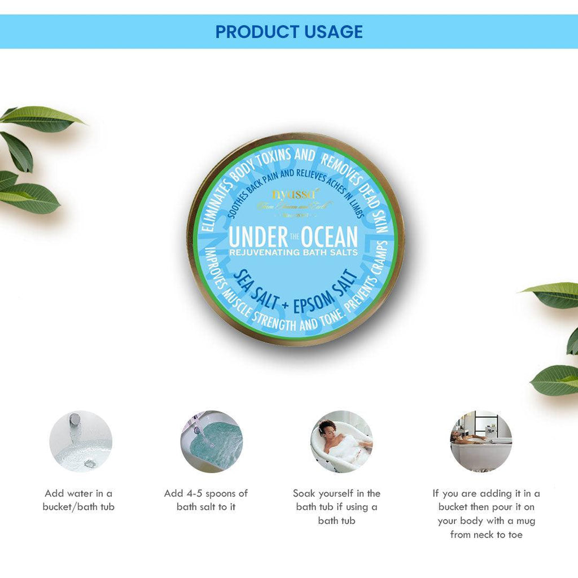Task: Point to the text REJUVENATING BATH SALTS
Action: coord(293,252)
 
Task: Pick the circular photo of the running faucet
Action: coord(81,441)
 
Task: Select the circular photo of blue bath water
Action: coord(212,441)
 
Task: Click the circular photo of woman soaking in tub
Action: coord(341,441)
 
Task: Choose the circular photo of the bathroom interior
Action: coord(481,441)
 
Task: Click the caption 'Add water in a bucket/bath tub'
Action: coord(78,500)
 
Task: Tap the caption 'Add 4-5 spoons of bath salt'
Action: coord(206,500)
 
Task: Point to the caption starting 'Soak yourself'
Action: coord(336,507)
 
